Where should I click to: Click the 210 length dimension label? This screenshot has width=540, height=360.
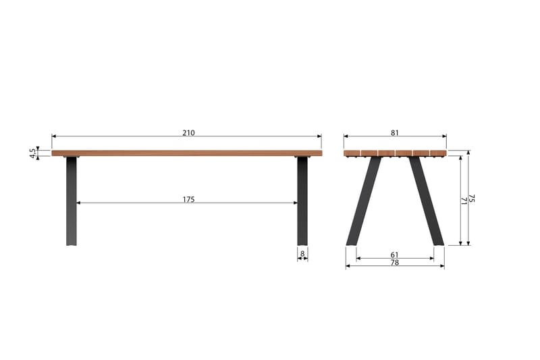[188, 132]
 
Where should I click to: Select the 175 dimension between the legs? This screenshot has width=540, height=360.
[188, 199]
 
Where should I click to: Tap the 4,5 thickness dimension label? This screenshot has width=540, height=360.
[32, 153]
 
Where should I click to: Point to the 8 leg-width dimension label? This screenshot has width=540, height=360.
[302, 254]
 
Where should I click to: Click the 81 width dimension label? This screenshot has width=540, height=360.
[395, 132]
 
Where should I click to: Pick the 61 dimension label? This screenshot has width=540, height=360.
[395, 255]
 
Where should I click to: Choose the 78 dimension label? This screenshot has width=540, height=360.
[395, 263]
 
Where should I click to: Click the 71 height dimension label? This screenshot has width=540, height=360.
[464, 200]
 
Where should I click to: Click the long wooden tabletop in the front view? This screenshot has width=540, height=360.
[187, 153]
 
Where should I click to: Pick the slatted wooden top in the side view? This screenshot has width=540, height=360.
[395, 153]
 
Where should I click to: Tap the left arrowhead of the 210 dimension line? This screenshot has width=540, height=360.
[53, 136]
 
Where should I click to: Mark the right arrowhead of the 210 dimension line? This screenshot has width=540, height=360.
[320, 136]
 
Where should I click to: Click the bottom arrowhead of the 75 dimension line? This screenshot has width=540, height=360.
[468, 243]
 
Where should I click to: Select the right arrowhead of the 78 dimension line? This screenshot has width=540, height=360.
[443, 266]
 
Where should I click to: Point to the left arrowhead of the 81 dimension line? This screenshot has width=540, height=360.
[346, 136]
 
